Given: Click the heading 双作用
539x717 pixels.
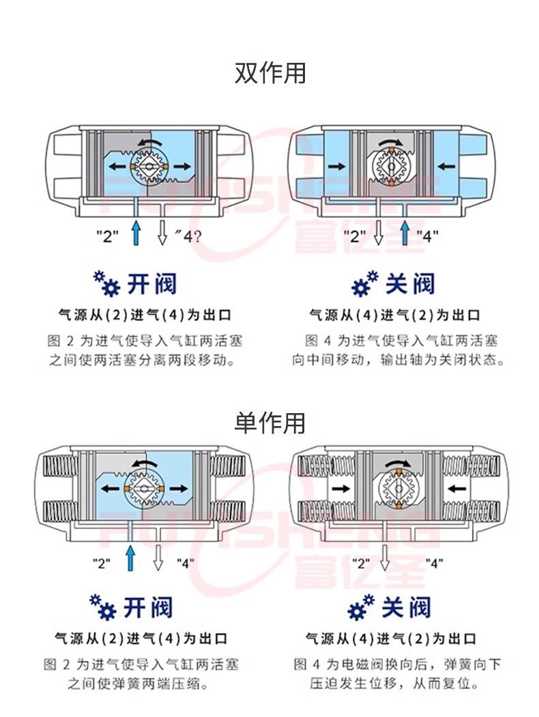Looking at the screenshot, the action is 270,73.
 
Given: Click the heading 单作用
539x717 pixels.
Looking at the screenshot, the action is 270,423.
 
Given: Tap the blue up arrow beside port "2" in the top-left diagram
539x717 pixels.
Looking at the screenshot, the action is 136,233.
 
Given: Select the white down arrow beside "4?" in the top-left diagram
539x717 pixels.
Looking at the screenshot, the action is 162,233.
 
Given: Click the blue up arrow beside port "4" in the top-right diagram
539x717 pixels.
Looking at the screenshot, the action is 405,233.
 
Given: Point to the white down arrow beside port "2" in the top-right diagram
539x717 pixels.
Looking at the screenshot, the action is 378,233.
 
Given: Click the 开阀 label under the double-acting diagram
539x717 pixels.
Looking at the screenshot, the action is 151,285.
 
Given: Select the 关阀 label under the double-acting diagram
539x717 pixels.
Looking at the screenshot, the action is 410,285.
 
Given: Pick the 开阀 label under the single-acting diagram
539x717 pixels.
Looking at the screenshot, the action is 148,608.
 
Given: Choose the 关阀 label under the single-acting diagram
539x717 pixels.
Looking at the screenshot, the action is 406,608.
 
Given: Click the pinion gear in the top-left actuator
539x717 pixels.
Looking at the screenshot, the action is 150,167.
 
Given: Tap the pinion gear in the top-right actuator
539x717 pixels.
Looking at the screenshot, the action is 392,167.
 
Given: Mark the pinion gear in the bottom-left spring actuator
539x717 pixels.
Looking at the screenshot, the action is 143,489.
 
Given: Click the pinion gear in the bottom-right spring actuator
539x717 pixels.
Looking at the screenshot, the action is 398,489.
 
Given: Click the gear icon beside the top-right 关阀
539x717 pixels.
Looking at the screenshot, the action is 365,283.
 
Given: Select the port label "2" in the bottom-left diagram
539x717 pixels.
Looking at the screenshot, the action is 102,563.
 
